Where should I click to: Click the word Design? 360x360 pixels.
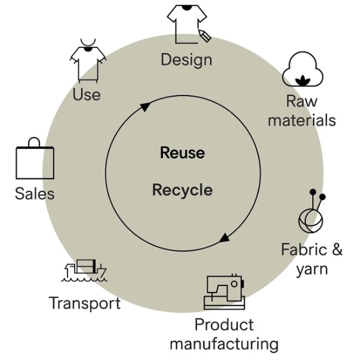tap(186, 60)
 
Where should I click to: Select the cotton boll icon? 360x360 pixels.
tap(303, 69)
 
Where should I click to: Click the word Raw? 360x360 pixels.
tap(301, 101)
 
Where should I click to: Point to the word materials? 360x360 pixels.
tap(302, 120)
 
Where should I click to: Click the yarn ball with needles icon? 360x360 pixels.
tap(312, 211)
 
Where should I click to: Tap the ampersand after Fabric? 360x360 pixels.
tap(337, 250)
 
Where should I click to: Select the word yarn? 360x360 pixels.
tap(312, 269)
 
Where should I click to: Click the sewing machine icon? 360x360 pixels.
tap(224, 292)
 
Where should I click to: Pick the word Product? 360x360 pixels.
tap(224, 325)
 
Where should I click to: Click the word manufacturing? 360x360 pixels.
tap(224, 344)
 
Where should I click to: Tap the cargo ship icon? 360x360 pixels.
tap(84, 270)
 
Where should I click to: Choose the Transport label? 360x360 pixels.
tap(85, 303)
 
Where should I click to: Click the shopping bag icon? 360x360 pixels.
tap(35, 158)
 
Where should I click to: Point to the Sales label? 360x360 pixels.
tap(35, 193)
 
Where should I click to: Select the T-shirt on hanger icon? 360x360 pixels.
tap(88, 61)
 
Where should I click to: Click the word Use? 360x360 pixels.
tap(87, 94)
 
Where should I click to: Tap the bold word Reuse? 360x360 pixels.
tap(183, 153)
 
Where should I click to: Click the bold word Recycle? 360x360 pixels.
tap(183, 190)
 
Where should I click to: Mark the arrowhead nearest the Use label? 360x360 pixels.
tap(145, 107)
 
